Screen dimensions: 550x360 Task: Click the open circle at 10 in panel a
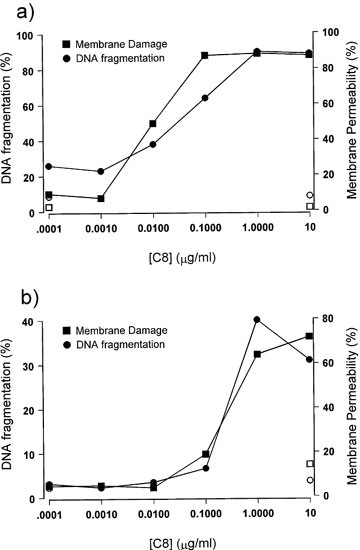(x=310, y=196)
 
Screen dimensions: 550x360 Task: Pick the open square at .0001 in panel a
(x=48, y=207)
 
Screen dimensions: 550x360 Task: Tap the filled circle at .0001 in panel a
(x=48, y=166)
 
